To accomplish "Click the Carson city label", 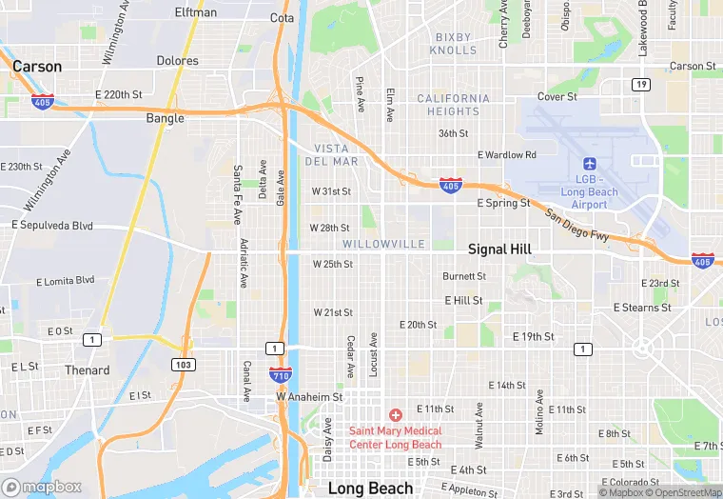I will [37, 67].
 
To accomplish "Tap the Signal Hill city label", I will [499, 249].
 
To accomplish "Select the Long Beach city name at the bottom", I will [370, 489].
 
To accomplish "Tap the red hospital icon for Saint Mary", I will [396, 415].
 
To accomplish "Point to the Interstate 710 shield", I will [280, 375].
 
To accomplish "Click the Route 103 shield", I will [184, 365].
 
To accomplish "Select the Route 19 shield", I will [642, 85].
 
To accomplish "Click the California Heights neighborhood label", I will [454, 105].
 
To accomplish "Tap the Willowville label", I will [384, 245].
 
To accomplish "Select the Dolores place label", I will [178, 61].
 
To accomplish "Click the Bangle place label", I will [166, 119].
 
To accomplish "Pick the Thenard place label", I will [87, 370].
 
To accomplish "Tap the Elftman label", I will [196, 12].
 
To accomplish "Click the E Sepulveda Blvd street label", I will [52, 226].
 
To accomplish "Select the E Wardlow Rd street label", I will [507, 154].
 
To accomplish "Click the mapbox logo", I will [42, 487].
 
